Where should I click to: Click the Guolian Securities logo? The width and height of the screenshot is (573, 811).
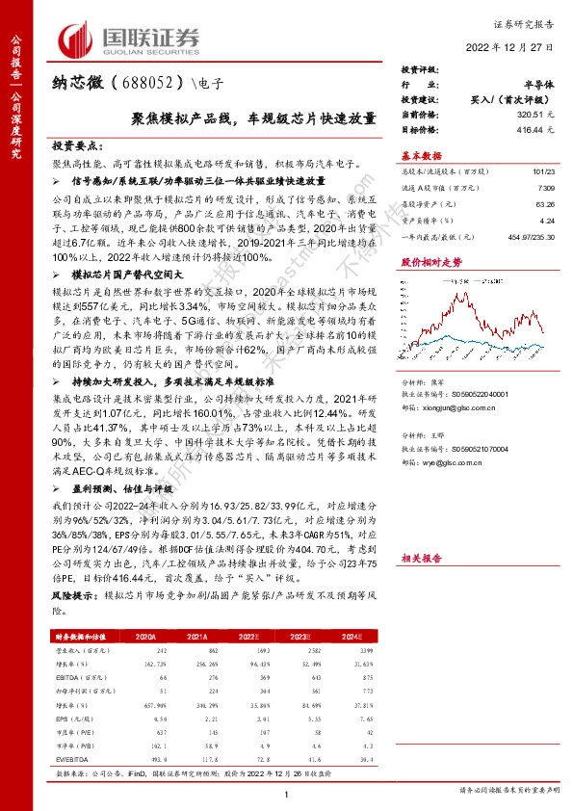point(131,40)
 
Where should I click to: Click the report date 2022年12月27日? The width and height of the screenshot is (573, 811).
point(514,46)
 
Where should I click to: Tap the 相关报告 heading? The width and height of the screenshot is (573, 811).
point(421,558)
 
